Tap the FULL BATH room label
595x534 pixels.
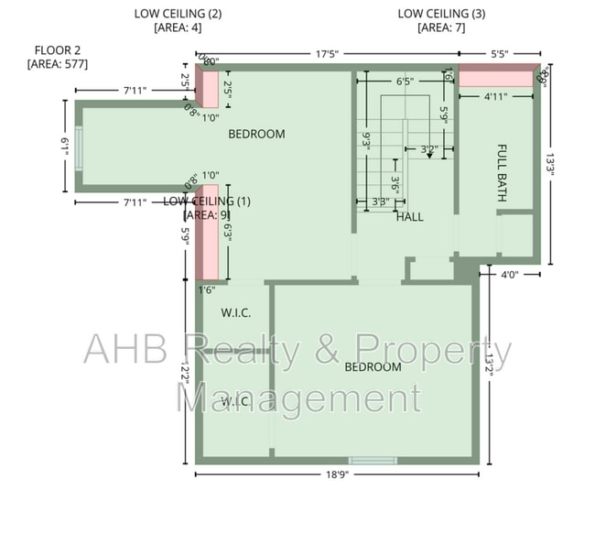click(x=502, y=173)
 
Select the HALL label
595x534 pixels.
click(x=409, y=217)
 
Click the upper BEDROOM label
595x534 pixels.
click(x=256, y=134)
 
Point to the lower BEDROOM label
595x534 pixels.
click(x=373, y=367)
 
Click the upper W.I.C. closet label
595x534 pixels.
click(x=236, y=313)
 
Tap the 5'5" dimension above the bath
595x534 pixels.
click(x=499, y=54)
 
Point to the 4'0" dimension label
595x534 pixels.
click(x=513, y=274)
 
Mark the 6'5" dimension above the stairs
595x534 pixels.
click(x=405, y=81)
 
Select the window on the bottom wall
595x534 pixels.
click(x=373, y=460)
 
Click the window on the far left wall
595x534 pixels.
click(x=79, y=147)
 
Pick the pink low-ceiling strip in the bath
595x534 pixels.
click(x=495, y=79)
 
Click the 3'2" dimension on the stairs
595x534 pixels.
click(x=428, y=147)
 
